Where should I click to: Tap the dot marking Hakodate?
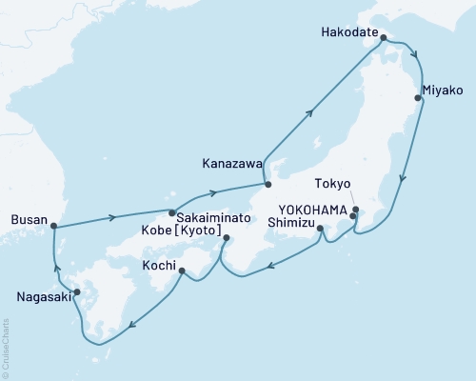tap(384, 39)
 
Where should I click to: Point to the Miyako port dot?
tap(418, 97)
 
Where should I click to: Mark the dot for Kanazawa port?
tap(268, 185)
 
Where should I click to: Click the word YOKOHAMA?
tap(311, 211)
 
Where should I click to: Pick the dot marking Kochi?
tap(182, 271)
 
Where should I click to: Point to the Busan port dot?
tap(53, 227)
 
